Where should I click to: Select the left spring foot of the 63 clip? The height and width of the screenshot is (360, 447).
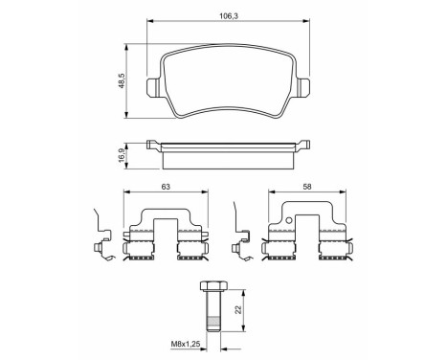[x=140, y=252]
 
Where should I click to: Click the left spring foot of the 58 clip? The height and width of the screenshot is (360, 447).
[x=277, y=252]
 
